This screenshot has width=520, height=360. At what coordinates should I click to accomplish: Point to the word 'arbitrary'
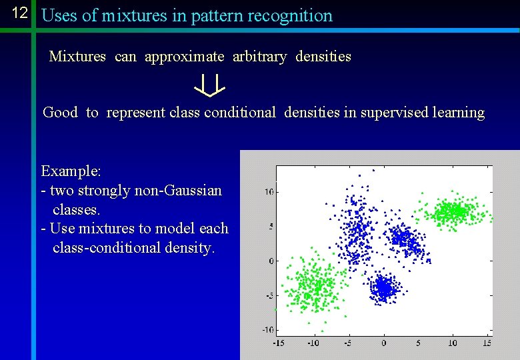(x=259, y=57)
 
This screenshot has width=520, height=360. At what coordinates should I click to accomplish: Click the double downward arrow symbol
(x=210, y=85)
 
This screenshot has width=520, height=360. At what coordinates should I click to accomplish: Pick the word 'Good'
(x=60, y=112)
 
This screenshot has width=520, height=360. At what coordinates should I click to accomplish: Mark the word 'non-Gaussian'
(x=178, y=191)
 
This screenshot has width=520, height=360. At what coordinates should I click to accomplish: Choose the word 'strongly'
(x=104, y=191)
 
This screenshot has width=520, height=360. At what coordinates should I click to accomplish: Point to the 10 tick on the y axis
(x=269, y=192)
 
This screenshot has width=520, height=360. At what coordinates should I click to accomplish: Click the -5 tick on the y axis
(x=268, y=295)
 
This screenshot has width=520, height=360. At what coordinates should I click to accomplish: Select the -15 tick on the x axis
(x=278, y=343)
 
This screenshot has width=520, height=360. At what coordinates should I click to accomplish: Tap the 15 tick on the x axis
(x=487, y=343)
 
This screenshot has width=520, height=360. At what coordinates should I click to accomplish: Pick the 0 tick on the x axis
(x=383, y=343)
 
